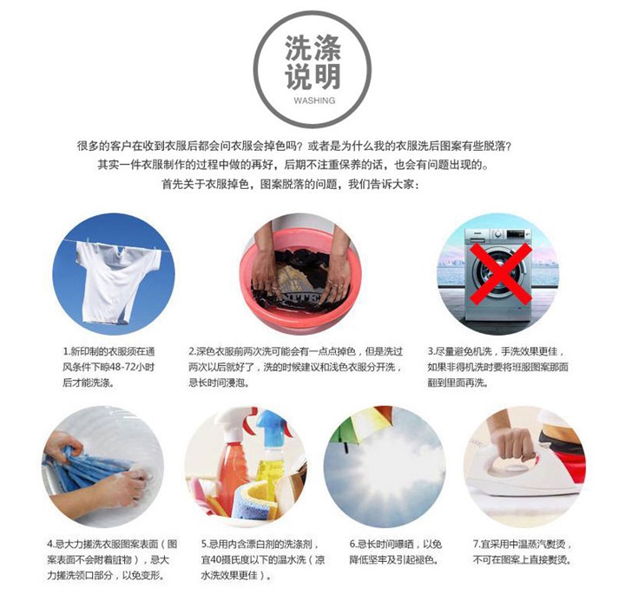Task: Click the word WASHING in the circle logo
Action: pyautogui.click(x=314, y=101)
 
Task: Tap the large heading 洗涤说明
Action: pyautogui.click(x=312, y=62)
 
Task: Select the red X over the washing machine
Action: pyautogui.click(x=500, y=274)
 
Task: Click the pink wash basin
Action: pyautogui.click(x=300, y=279)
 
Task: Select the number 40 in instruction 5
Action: pyautogui.click(x=216, y=560)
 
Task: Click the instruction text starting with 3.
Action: pyautogui.click(x=497, y=367)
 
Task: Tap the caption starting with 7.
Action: pyautogui.click(x=523, y=552)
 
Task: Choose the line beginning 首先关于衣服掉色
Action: pyautogui.click(x=291, y=185)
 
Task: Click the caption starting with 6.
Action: pyautogui.click(x=396, y=552)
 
